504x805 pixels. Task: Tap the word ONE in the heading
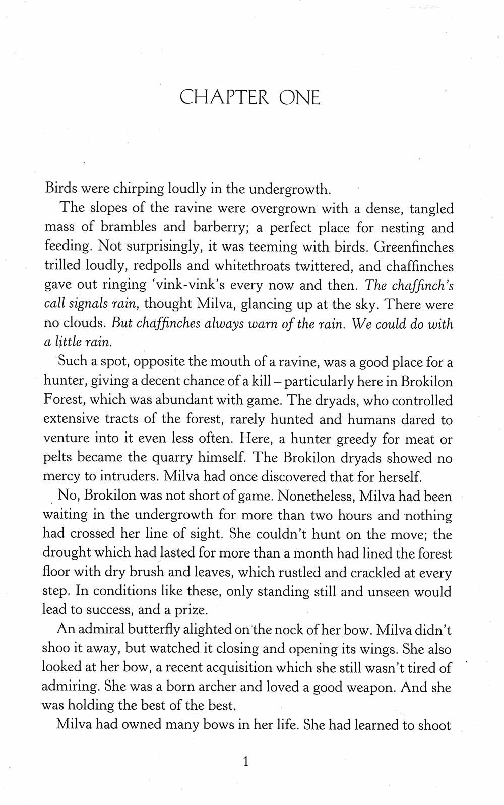[299, 97]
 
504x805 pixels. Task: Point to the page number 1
[246, 761]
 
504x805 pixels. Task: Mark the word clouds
[84, 324]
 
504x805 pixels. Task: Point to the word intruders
[131, 477]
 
